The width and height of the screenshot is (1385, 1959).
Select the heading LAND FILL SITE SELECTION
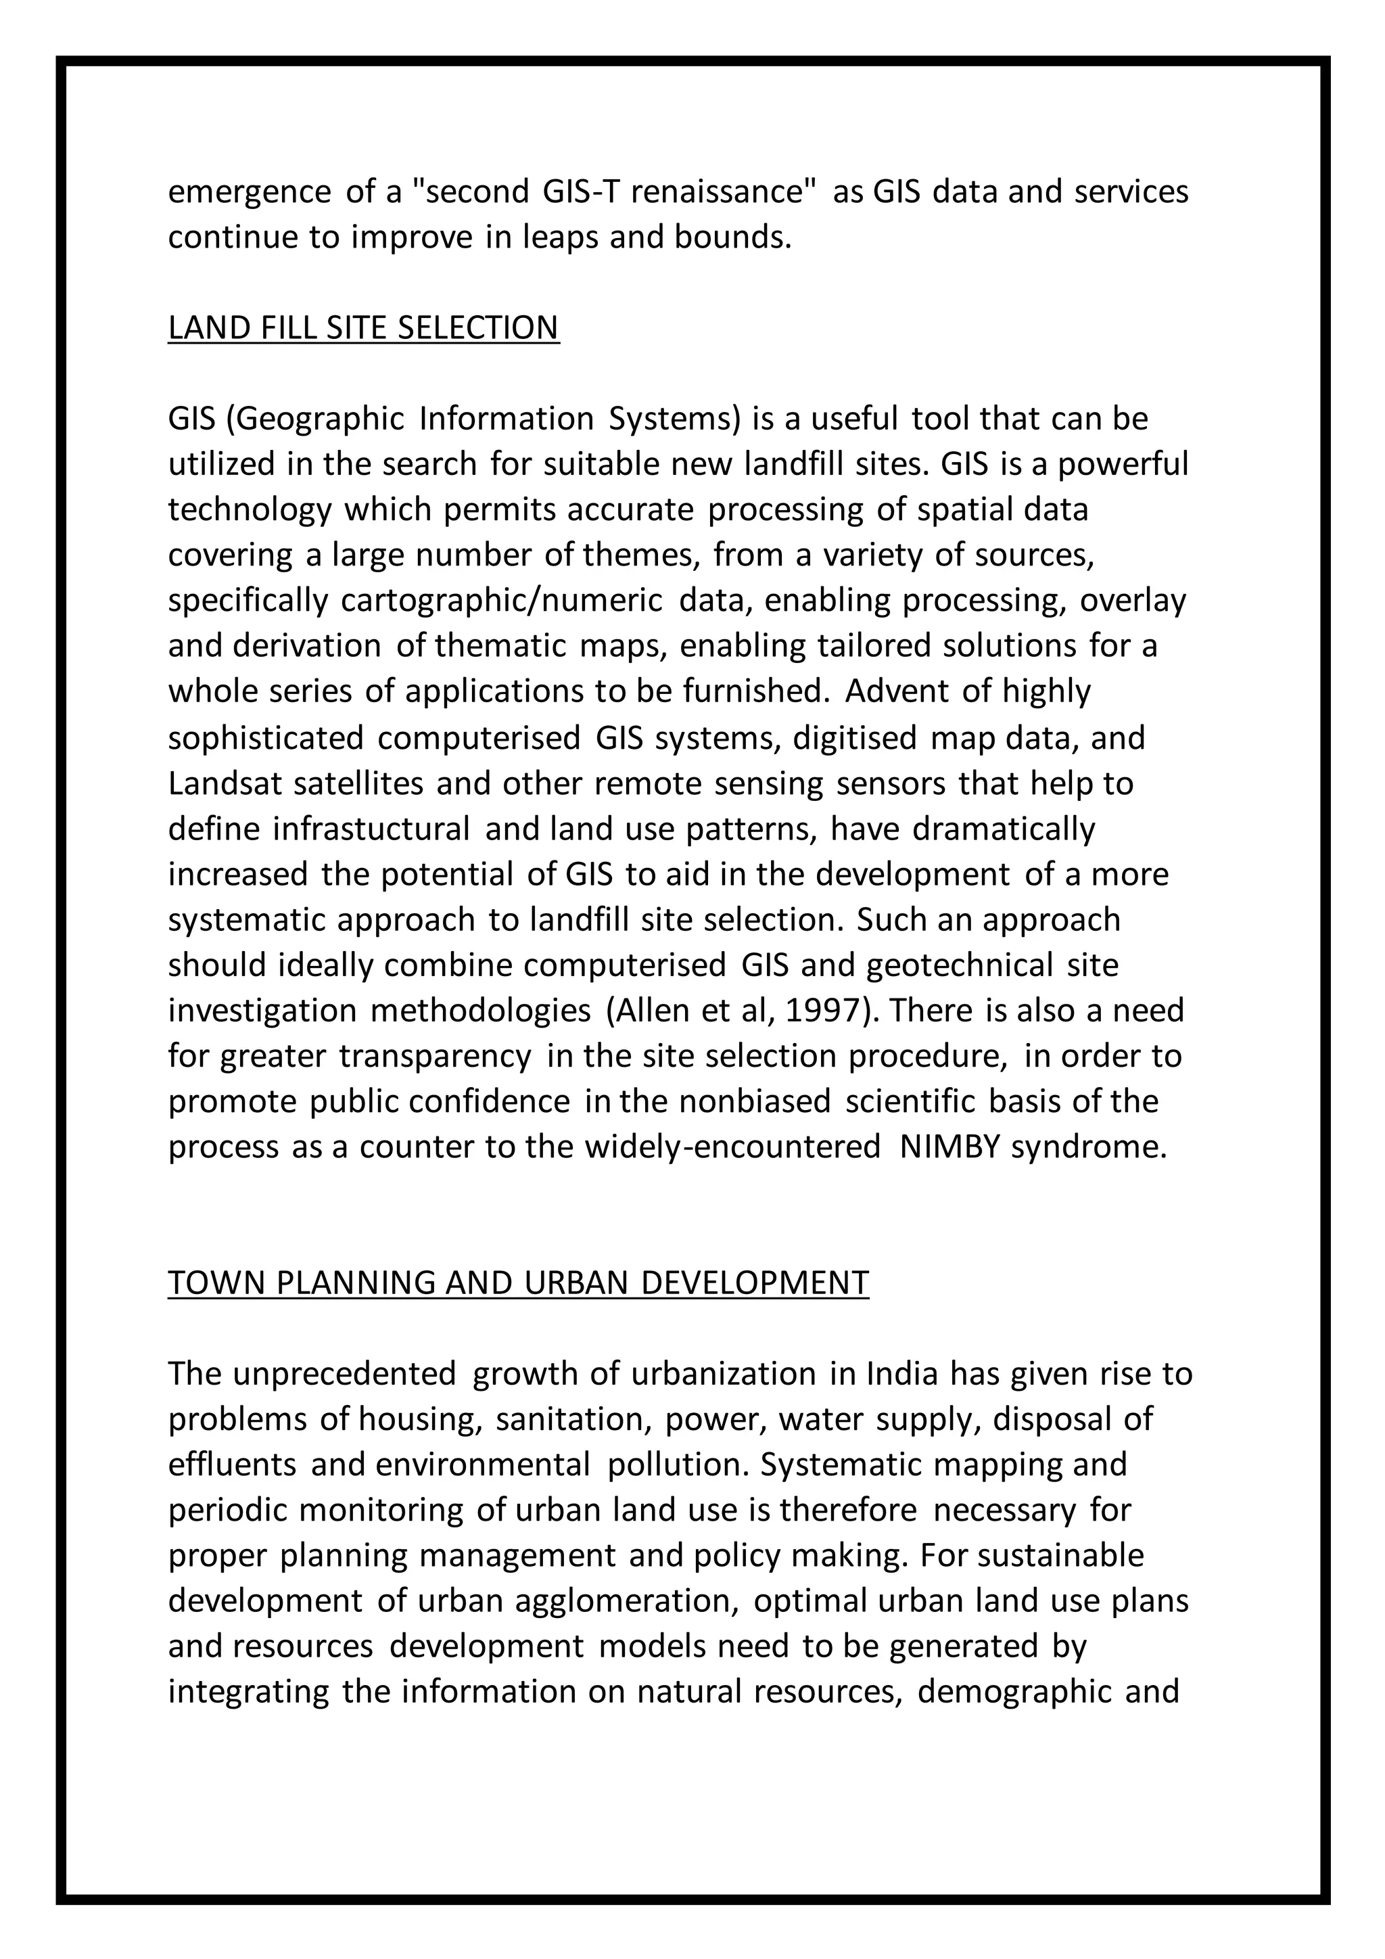point(363,327)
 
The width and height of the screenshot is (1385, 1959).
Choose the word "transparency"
point(435,1057)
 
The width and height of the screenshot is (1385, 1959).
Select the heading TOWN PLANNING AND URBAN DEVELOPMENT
point(517,1283)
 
